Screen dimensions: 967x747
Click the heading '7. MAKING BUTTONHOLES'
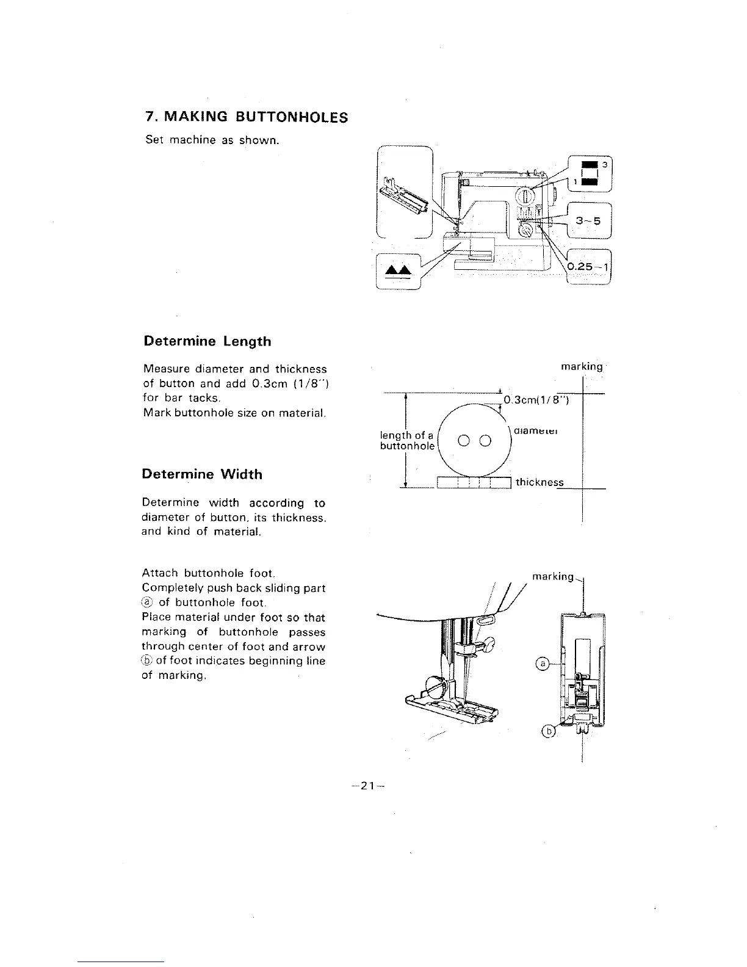247,117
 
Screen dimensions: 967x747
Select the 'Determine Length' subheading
207,341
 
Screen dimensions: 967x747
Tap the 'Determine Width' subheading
202,474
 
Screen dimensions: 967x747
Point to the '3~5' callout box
588,221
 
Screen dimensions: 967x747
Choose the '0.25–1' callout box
589,267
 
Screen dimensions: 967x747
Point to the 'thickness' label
539,482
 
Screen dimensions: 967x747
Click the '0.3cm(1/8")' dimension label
536,400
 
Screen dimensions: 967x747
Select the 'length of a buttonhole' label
407,441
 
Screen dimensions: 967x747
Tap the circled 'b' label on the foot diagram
549,732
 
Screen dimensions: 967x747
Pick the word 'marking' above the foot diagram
553,577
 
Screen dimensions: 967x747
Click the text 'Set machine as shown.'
212,140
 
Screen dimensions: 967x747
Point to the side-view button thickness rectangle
474,483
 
